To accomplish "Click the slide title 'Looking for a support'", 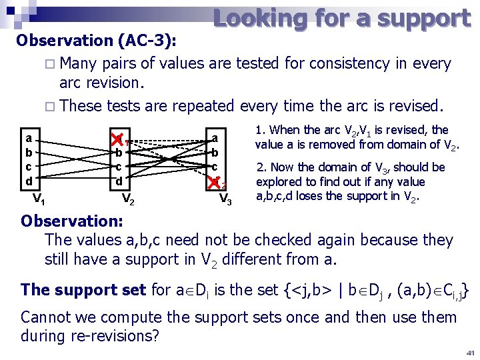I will point(341,18).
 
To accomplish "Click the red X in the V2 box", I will point(118,139).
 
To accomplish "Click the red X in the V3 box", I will point(215,181).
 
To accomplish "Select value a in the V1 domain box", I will point(29,139).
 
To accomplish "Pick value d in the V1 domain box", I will point(29,181).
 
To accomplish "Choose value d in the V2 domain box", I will point(119,181).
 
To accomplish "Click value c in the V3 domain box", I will point(215,166).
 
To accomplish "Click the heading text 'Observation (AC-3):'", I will point(97,41).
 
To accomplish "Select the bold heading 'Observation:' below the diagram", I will point(69,221).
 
